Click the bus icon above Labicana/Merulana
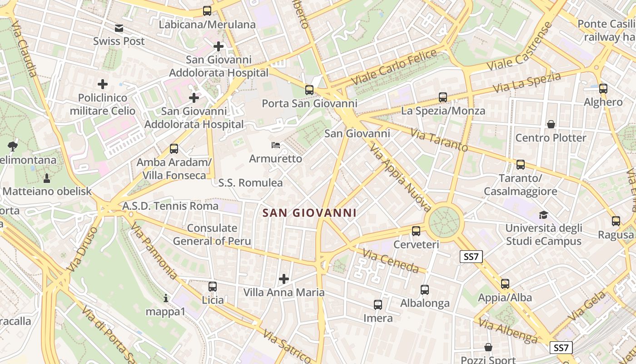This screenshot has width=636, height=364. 207,11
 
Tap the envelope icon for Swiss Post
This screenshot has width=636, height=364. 119,28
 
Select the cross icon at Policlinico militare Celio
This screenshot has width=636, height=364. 103,84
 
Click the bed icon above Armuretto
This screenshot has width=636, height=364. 275,146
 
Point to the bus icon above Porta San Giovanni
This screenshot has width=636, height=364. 309,90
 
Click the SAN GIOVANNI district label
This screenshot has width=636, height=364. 309,212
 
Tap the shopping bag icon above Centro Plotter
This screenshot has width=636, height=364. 551,124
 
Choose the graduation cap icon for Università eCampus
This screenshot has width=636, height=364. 543,215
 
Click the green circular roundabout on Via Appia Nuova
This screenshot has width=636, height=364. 444,222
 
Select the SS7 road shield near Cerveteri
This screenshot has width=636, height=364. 471,257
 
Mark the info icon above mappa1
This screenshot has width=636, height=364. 166,298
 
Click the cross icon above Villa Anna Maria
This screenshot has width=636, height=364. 284,278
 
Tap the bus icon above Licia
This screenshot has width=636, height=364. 213,287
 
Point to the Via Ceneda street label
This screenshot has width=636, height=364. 390,261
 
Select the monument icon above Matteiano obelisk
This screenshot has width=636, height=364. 46,177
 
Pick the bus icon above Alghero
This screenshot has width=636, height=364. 603,89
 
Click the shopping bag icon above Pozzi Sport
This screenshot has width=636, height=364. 488,348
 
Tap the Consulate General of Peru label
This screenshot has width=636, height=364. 212,234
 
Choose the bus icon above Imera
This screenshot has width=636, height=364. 378,305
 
